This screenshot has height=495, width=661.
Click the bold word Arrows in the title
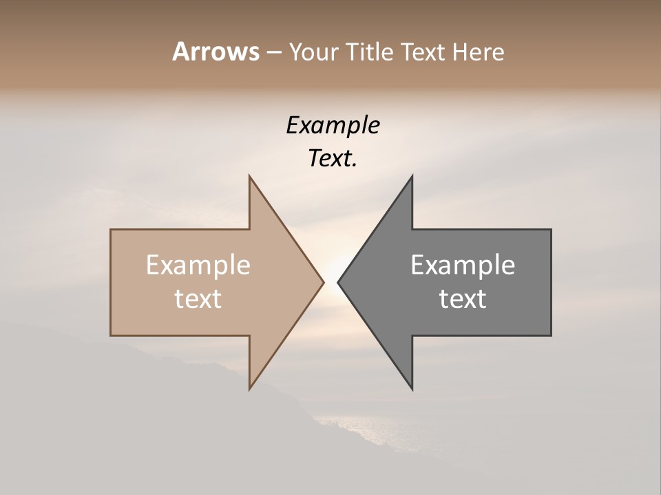(x=216, y=52)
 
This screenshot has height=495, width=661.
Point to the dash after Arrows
(x=273, y=53)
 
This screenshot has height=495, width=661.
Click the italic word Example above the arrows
(x=333, y=126)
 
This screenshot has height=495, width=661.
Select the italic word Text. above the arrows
(x=333, y=159)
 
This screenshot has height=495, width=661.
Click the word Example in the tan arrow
(x=198, y=265)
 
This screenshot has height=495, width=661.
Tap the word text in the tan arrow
(x=198, y=299)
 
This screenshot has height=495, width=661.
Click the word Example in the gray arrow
(x=463, y=265)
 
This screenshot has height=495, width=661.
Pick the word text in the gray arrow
(x=463, y=299)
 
